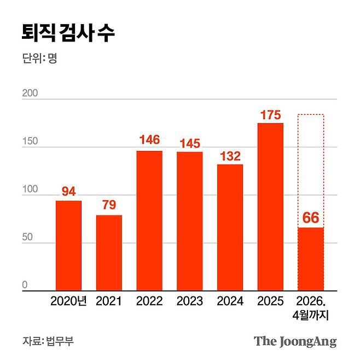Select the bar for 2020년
point(68,246)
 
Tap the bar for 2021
point(109,253)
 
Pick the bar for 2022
point(149,221)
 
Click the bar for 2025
point(270,207)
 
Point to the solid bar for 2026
point(311,259)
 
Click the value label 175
point(270,115)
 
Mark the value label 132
point(230,156)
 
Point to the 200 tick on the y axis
point(30,94)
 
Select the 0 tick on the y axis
point(25,285)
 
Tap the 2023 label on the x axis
point(189,301)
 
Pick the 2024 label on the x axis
point(230,301)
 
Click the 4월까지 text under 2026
point(311,315)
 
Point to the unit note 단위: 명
point(40,59)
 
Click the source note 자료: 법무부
point(48,341)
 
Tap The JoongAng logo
point(295,342)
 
